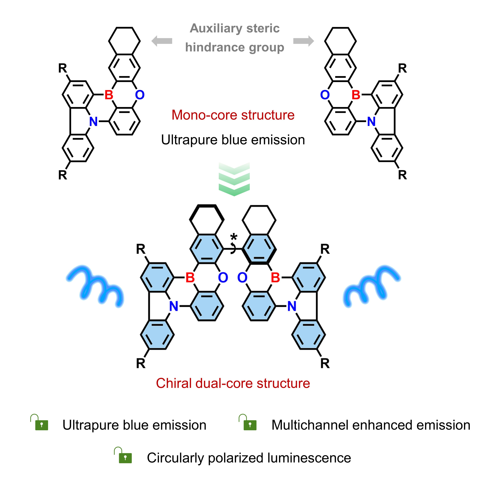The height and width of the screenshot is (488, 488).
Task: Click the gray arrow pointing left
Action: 162,41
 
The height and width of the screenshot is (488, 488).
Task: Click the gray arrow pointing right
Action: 303,41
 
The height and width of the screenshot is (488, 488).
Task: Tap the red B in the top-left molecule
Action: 109,95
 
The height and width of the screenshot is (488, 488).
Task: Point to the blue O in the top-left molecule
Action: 140,95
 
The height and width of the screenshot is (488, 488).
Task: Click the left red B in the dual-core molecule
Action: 190,278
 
